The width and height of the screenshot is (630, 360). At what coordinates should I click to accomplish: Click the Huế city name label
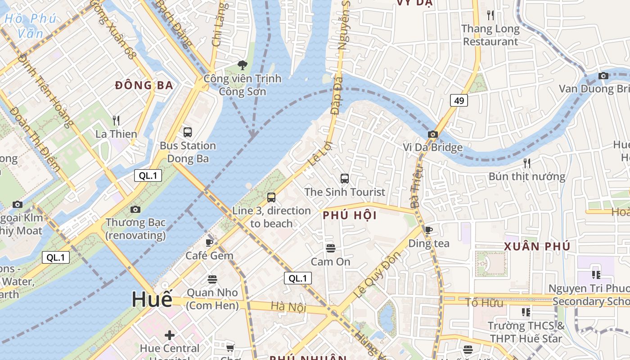(152, 299)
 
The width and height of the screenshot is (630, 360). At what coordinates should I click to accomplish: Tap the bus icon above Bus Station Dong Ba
(188, 132)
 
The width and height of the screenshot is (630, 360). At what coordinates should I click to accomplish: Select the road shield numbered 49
(459, 100)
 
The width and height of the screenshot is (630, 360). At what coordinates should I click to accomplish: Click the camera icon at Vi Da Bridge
(433, 134)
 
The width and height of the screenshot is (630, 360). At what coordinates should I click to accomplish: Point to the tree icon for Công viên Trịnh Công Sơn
(243, 65)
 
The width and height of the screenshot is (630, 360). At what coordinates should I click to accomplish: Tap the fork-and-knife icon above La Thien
(116, 120)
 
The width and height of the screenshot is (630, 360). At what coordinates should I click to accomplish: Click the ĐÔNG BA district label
(144, 85)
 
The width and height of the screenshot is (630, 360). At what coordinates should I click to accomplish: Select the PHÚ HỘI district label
(350, 216)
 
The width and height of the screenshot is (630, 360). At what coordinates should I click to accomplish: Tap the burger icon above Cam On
(331, 248)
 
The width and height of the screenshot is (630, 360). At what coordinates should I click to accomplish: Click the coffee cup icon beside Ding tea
(429, 230)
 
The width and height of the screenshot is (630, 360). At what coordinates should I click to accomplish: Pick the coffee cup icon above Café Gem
(209, 243)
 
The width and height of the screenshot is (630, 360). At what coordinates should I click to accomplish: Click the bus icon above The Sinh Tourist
(345, 179)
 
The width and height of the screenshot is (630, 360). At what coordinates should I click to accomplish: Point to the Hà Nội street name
(288, 307)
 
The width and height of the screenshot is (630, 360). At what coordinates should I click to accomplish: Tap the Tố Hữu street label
(484, 302)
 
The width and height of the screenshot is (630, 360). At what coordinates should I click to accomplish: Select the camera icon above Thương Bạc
(135, 209)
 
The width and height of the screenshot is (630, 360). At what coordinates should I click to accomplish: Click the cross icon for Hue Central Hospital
(170, 335)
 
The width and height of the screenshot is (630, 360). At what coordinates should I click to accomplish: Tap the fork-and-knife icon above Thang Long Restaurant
(490, 15)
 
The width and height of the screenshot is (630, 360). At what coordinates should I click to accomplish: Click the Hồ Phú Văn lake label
(31, 26)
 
